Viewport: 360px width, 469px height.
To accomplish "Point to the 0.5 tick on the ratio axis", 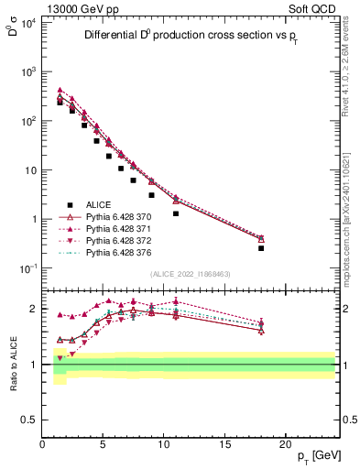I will click(28, 420).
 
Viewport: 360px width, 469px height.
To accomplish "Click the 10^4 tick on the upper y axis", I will click(27, 22).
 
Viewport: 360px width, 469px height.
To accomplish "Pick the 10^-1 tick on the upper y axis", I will click(27, 268).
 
